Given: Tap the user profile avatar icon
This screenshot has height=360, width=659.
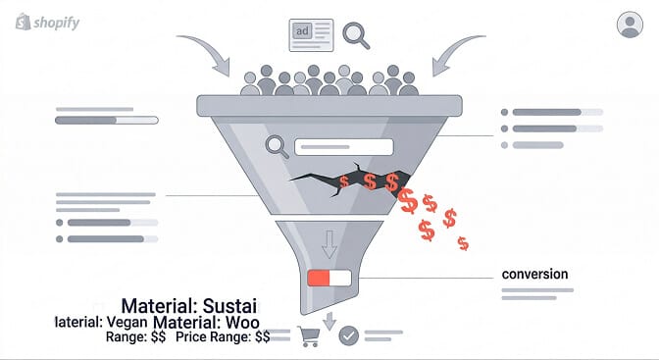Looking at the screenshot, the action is coord(630,25).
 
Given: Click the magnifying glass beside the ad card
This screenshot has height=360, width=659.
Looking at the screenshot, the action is coord(355,35).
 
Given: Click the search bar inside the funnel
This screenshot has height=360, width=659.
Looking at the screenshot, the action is coord(343,147).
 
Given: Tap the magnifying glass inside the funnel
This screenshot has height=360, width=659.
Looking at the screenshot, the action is coord(279,147).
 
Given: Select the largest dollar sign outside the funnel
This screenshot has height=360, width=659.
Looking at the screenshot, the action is coord(408,201).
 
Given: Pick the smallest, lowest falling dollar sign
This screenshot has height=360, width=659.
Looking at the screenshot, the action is coord(463,243).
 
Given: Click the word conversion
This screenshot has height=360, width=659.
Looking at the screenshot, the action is coord(534,274).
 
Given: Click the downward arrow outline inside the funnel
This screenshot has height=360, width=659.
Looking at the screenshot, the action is coord(329,242).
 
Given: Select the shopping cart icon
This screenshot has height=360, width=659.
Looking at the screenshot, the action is coord(309,336).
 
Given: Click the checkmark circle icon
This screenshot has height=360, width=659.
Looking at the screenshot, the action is coord(348,335).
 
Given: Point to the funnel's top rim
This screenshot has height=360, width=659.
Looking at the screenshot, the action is coord(329,103).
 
